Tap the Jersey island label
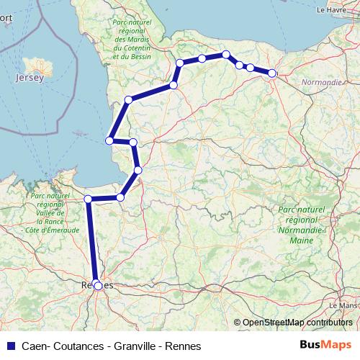point(30,76)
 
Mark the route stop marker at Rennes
point(99,286)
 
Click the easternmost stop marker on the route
point(272,73)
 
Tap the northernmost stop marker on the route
point(226,55)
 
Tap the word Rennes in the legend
point(183,346)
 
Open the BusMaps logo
point(325,346)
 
